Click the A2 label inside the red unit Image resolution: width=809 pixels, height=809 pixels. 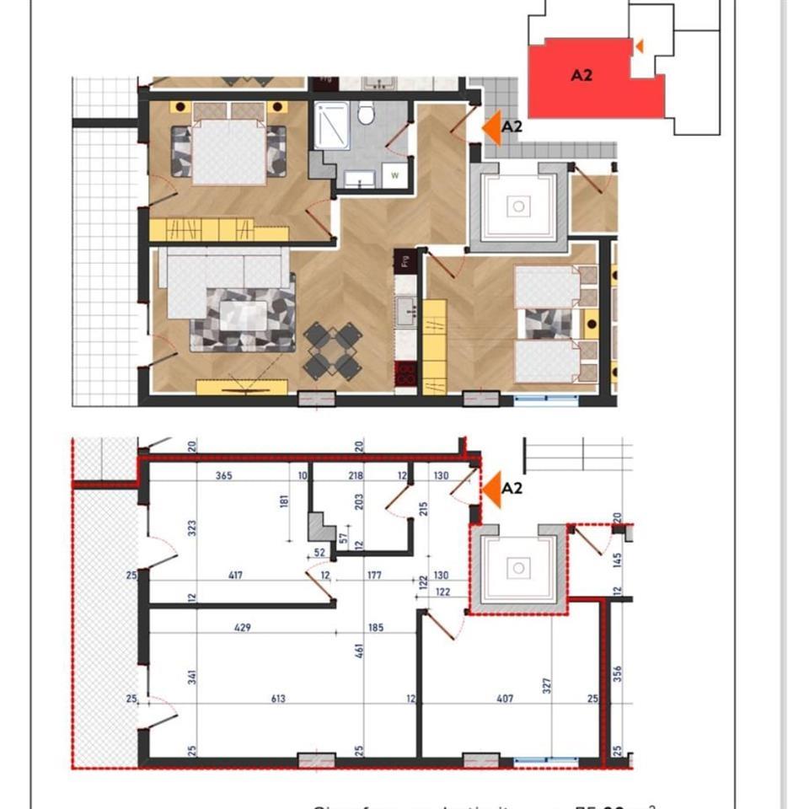tap(581, 75)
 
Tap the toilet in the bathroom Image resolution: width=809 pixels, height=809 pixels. tap(367, 113)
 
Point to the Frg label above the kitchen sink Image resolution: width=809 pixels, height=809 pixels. tap(405, 260)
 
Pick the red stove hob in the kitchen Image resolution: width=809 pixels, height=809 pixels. tap(405, 373)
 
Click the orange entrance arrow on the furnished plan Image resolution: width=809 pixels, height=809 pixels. tap(490, 127)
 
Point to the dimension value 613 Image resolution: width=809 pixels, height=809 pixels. tap(279, 698)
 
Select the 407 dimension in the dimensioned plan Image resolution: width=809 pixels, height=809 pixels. tap(505, 698)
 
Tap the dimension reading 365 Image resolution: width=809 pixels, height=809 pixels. tap(223, 476)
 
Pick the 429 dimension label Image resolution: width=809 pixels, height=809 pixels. tap(244, 628)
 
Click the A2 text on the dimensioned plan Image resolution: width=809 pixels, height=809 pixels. tap(512, 488)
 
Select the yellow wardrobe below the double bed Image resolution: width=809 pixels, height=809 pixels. tap(201, 229)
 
